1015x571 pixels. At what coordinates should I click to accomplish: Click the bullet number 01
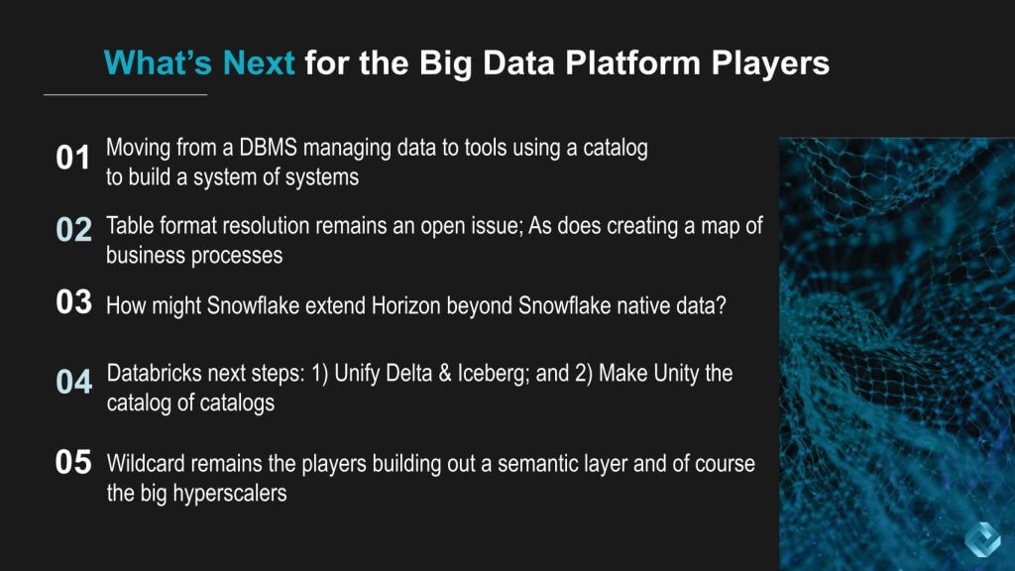[72, 158]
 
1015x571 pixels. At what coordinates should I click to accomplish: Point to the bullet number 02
[73, 229]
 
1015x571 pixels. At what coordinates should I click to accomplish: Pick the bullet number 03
[73, 301]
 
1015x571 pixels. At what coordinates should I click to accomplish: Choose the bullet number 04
[73, 382]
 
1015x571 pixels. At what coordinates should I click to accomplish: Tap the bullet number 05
[73, 462]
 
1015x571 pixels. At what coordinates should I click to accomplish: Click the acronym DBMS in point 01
[268, 148]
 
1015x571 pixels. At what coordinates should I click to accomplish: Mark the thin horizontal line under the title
[126, 94]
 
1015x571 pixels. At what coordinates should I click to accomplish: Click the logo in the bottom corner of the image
[982, 538]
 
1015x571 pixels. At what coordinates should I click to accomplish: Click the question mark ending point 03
[721, 305]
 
